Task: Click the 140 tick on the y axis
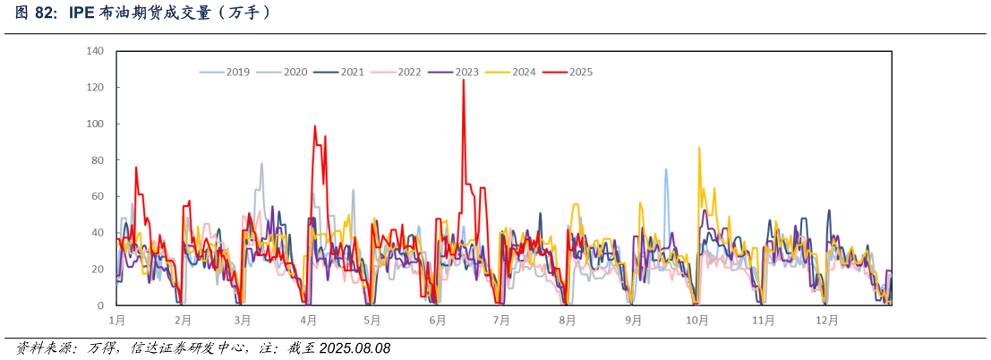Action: tap(95, 51)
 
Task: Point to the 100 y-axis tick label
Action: tap(95, 124)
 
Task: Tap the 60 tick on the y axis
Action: tap(98, 196)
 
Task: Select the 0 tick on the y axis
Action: tap(100, 305)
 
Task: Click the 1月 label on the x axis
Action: tap(116, 320)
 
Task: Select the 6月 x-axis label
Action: tap(438, 320)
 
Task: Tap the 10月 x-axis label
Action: tap(697, 320)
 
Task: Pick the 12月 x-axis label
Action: tap(827, 320)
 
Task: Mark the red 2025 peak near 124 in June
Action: tap(463, 81)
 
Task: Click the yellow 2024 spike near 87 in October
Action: tap(699, 148)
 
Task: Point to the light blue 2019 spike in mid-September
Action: tap(666, 169)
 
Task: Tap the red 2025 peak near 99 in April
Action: tap(315, 126)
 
